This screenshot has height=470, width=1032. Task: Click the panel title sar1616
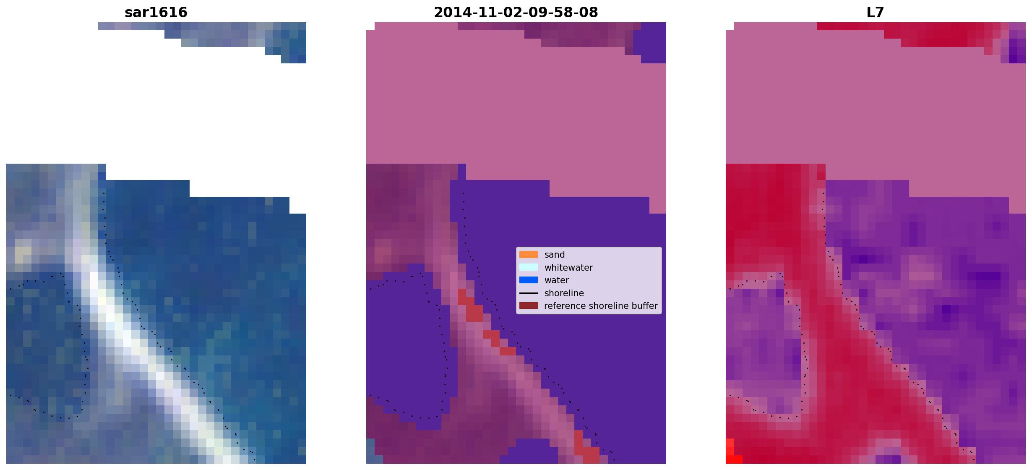click(x=156, y=13)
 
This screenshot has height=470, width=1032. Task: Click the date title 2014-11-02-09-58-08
click(x=516, y=13)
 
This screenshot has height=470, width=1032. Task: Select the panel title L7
click(x=875, y=13)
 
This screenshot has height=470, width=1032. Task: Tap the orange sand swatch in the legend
click(x=529, y=255)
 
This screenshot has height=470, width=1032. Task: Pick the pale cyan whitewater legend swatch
click(x=529, y=267)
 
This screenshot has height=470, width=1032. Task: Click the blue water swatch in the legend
click(x=529, y=280)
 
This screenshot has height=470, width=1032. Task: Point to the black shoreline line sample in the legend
click(x=529, y=293)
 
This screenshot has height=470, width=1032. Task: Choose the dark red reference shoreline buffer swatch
click(x=529, y=305)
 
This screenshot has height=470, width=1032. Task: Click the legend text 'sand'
click(x=555, y=255)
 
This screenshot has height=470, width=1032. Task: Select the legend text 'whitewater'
click(x=568, y=268)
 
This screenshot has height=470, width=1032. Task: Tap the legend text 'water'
click(x=557, y=280)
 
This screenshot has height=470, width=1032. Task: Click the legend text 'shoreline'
click(x=564, y=293)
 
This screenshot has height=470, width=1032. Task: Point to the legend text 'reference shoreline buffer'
click(x=601, y=306)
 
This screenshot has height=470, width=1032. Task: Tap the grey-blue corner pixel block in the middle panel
click(x=370, y=451)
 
